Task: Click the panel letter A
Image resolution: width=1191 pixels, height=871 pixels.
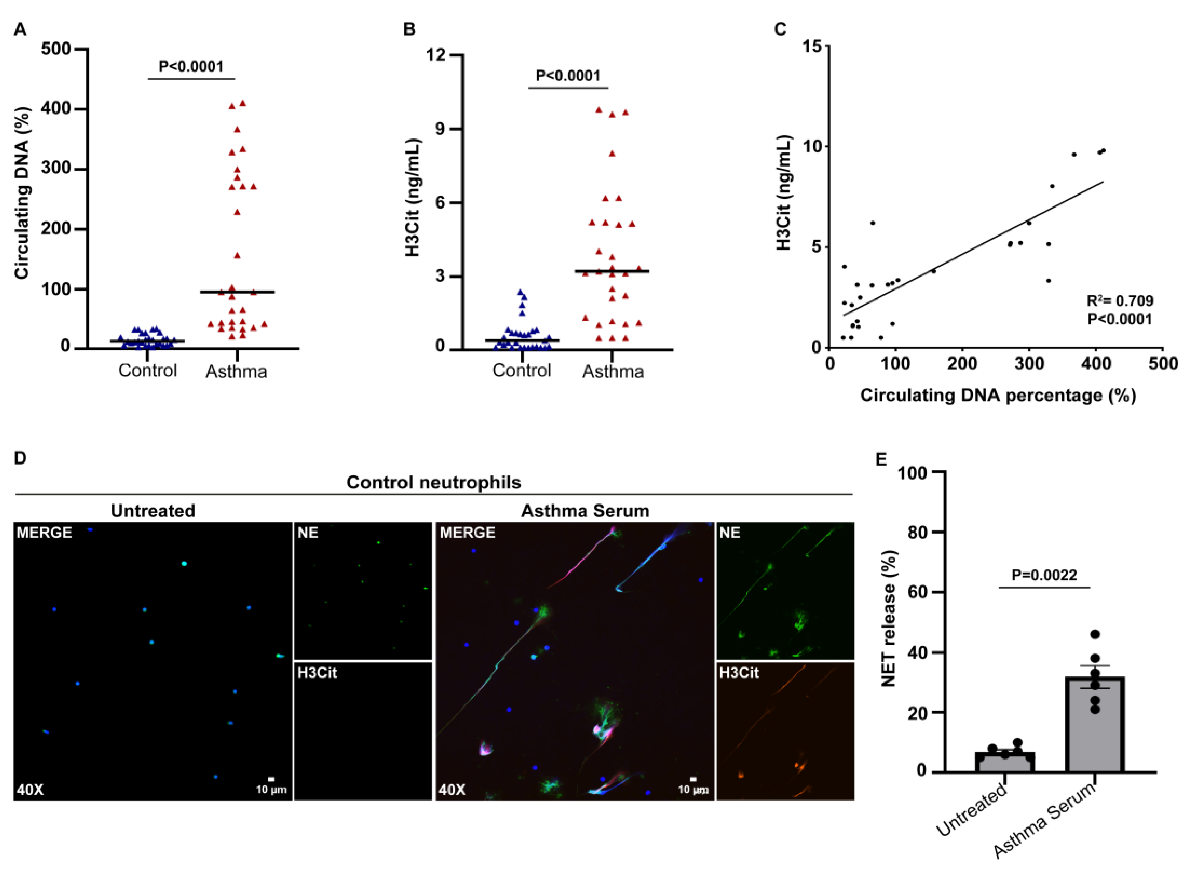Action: [20, 29]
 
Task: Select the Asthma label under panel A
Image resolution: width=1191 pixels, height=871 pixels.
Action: [236, 372]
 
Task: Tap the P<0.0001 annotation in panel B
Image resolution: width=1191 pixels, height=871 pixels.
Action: [568, 76]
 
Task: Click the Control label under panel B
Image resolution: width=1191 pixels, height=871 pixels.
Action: [522, 371]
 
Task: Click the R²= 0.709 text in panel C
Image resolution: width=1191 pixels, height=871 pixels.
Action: [1120, 301]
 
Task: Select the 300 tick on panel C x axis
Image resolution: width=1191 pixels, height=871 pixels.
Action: [1029, 364]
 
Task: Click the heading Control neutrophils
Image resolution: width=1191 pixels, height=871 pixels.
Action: [433, 482]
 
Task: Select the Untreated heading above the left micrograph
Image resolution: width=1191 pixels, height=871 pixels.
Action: [153, 511]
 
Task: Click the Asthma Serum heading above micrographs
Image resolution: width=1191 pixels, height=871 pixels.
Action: [585, 511]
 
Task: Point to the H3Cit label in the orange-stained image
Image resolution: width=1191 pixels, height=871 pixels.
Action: [738, 673]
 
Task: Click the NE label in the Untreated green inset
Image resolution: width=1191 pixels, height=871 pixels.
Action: [308, 533]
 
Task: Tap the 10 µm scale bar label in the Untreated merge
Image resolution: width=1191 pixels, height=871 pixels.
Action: [271, 789]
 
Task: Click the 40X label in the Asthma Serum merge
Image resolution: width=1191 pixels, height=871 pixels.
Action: [452, 790]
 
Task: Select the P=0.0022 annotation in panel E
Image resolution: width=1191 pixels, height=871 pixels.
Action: [1044, 575]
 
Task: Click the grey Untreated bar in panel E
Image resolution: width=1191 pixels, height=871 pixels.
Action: [1004, 763]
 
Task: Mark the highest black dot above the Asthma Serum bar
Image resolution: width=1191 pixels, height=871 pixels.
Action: [1095, 634]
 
